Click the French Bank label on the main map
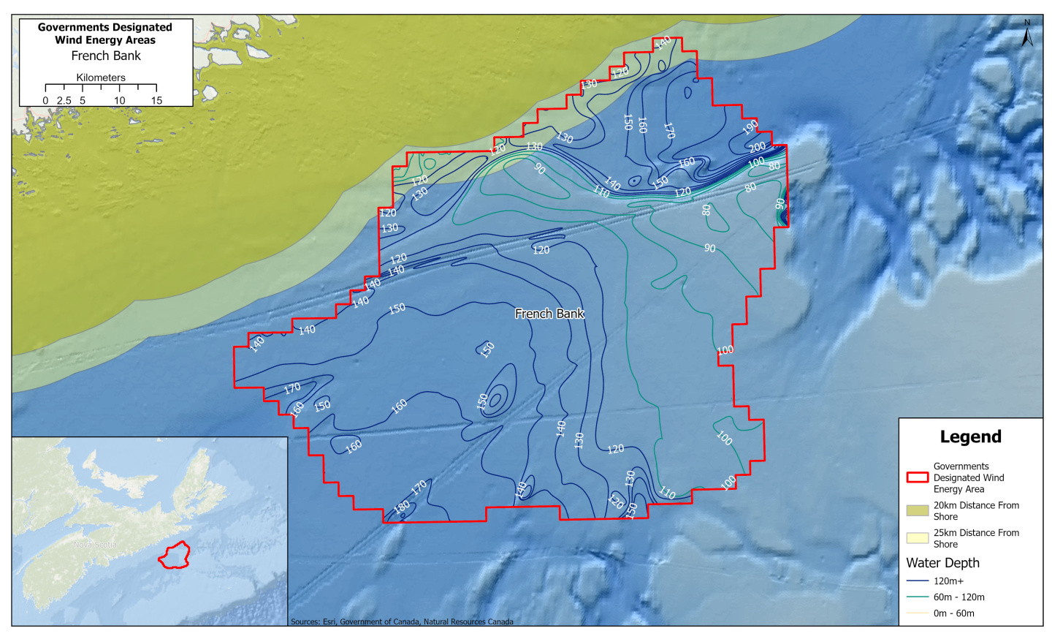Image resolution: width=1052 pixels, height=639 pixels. point(549,314)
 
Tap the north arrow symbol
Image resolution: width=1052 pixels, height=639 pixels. point(1027,33)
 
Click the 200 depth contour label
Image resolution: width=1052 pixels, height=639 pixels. point(758,148)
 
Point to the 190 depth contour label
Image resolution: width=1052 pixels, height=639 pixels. point(750,128)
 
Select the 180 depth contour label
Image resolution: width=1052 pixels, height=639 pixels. point(402,507)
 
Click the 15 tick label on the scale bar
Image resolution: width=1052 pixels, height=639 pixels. point(156,101)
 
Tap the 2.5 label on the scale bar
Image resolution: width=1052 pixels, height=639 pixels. point(64,101)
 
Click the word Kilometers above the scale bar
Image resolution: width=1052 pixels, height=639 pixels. point(101,77)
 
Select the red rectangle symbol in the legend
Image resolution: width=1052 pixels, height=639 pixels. point(917,477)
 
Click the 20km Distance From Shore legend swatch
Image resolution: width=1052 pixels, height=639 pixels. point(917,510)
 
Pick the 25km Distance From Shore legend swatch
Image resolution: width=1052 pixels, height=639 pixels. point(917,538)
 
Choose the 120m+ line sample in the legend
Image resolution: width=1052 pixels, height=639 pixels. point(917,581)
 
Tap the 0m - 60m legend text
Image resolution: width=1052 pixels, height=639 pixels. point(953,613)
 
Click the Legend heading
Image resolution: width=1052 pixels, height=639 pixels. point(970,437)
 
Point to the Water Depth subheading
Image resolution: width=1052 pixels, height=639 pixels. point(942,563)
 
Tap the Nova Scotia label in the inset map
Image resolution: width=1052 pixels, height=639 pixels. point(95,545)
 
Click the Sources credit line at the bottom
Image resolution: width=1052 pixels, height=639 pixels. point(402,621)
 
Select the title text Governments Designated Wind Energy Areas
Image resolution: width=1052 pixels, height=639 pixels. point(105,34)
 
